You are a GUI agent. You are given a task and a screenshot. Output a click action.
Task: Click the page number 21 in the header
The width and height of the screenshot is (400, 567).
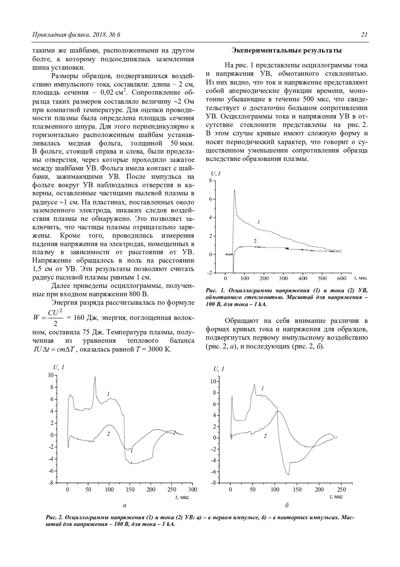(x=364, y=35)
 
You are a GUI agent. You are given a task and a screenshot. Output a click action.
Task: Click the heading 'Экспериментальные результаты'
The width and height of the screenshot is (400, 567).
(x=287, y=51)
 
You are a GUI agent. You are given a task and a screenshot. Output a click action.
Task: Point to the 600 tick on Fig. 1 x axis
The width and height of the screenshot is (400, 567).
(x=342, y=278)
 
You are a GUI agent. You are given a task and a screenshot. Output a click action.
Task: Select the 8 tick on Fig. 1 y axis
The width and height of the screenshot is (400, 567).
(x=210, y=181)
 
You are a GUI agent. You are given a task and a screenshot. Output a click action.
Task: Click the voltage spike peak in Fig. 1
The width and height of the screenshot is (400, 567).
(x=235, y=190)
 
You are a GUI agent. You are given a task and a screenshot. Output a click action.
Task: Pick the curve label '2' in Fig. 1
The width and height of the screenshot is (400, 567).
(x=255, y=240)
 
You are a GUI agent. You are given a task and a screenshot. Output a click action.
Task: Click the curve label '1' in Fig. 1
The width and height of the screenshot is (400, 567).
(x=259, y=221)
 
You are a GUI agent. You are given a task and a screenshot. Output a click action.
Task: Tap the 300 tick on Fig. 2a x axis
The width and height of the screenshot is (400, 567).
(x=193, y=490)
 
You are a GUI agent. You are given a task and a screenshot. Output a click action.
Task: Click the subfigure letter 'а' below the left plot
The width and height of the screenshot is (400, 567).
(x=125, y=505)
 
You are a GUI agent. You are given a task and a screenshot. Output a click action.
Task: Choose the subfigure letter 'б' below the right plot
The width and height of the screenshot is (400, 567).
(x=287, y=505)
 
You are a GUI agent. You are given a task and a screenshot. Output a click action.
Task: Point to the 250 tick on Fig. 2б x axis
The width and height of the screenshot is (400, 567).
(x=342, y=490)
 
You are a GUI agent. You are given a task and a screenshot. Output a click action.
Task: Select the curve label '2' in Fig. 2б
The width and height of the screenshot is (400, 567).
(x=265, y=436)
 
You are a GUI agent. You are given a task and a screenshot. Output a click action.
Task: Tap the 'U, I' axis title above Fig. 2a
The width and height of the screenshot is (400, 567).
(x=59, y=368)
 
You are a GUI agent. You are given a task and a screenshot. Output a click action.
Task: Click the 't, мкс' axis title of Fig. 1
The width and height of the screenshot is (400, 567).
(x=361, y=278)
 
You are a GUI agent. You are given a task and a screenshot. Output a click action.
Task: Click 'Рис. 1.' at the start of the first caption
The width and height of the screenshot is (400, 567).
(x=214, y=290)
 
